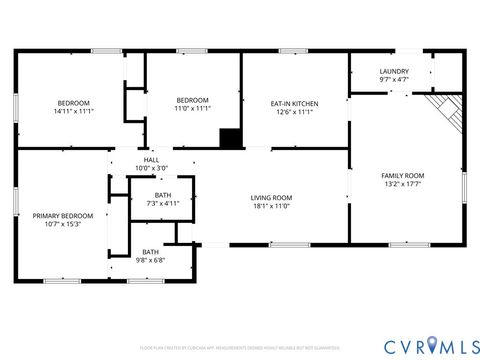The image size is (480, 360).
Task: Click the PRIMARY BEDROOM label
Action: point(62,216)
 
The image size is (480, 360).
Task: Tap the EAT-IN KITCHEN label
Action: point(295,103)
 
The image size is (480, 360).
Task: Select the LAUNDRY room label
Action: point(394,72)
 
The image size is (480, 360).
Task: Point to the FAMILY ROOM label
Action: point(403,176)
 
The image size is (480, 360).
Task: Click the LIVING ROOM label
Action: point(270,197)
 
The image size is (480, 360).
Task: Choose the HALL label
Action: point(151,160)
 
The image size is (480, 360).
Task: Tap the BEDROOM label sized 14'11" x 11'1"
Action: point(73,103)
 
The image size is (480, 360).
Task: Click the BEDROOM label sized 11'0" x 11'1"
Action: point(192,100)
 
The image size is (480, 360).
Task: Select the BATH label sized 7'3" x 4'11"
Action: point(162,195)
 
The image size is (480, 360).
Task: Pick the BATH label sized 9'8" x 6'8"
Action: point(150,252)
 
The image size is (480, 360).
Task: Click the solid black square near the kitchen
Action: point(230,139)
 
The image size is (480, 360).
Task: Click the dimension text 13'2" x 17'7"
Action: point(403,184)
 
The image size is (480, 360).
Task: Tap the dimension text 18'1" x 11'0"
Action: point(270,206)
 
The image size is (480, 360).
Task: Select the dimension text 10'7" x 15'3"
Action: point(62,225)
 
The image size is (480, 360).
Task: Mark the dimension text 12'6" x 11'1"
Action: point(295,112)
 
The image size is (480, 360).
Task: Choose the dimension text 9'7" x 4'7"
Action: point(394,80)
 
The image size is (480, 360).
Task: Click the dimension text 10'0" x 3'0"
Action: point(151,168)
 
